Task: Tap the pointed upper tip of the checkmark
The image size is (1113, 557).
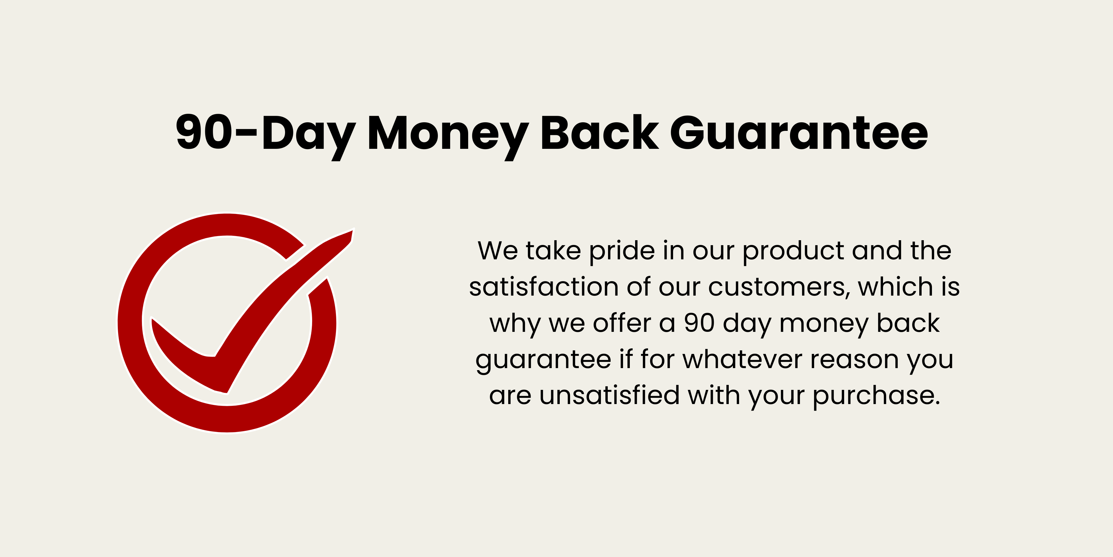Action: (353, 229)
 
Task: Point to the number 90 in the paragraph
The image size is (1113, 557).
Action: (699, 324)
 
